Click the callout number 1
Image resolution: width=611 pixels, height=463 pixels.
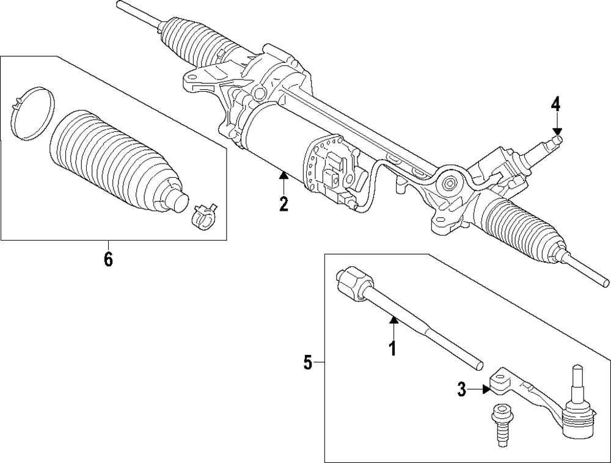(393, 348)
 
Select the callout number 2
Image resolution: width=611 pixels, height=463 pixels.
(284, 203)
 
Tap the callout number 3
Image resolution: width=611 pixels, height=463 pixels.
(462, 388)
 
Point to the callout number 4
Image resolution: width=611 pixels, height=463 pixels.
(555, 104)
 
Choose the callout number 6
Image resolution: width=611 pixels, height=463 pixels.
(108, 259)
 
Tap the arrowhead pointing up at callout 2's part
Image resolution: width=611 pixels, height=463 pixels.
(284, 177)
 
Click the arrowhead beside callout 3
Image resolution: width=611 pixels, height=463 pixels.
(487, 388)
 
